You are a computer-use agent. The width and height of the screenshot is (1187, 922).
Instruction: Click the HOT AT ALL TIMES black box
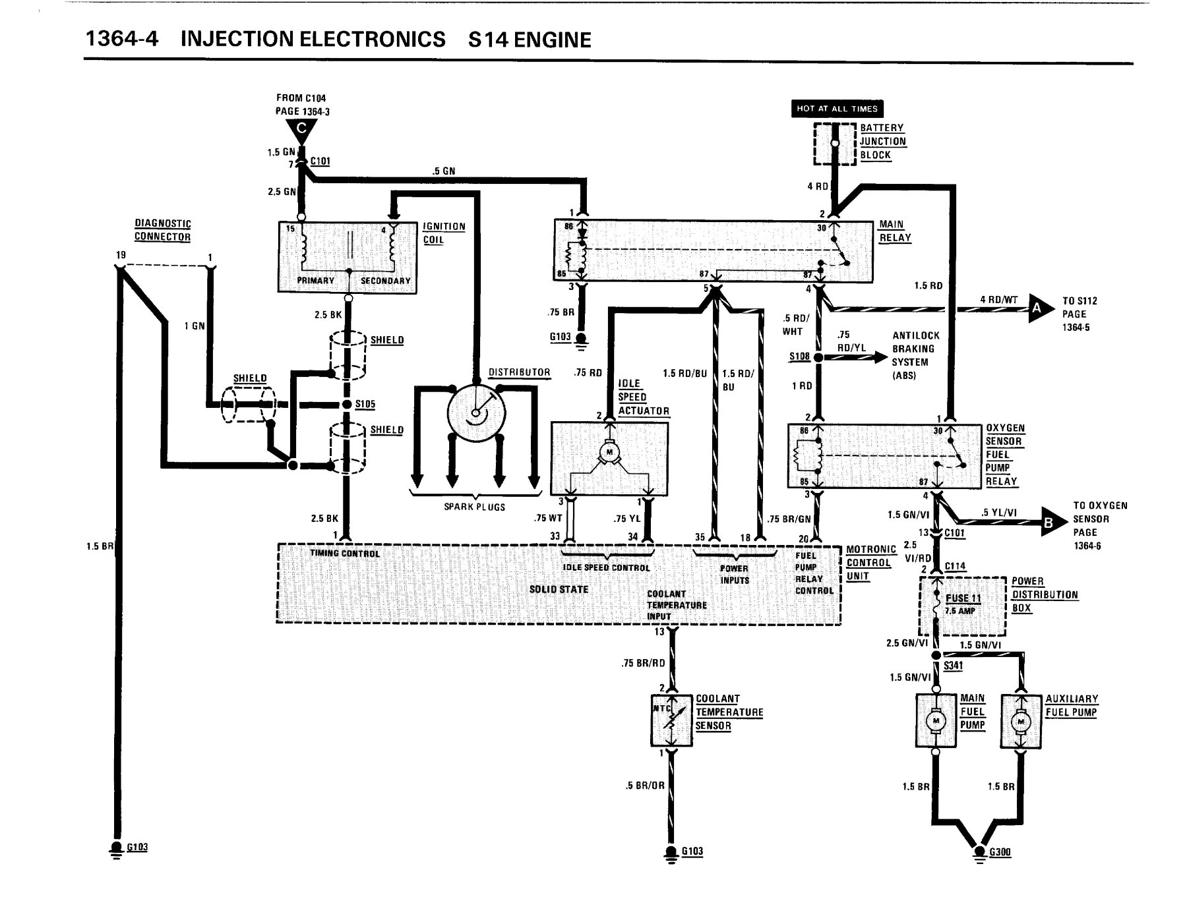(x=837, y=109)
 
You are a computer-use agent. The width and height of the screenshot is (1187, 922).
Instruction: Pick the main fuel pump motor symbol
(x=936, y=721)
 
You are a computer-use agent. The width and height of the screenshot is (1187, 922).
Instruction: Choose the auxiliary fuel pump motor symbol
(x=1021, y=722)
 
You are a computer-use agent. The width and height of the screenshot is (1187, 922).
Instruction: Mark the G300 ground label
(x=1000, y=852)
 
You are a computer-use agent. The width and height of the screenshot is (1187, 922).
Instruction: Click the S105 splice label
(x=365, y=404)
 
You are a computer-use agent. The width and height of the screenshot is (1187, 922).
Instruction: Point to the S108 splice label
(x=799, y=357)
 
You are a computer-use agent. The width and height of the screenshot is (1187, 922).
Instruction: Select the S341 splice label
(x=953, y=666)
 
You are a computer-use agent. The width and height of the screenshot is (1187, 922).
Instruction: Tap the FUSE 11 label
(x=963, y=598)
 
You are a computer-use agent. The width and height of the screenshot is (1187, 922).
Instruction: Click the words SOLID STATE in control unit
(x=559, y=589)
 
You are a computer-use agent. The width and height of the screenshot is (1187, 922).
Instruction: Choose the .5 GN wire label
(x=444, y=171)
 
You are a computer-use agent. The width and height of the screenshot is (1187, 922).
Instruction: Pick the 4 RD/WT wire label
(x=999, y=300)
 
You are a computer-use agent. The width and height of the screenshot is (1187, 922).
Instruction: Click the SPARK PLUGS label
(x=474, y=507)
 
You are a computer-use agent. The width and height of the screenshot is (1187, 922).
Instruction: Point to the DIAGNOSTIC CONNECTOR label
(x=163, y=231)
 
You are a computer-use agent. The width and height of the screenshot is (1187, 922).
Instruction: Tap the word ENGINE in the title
(x=553, y=40)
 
